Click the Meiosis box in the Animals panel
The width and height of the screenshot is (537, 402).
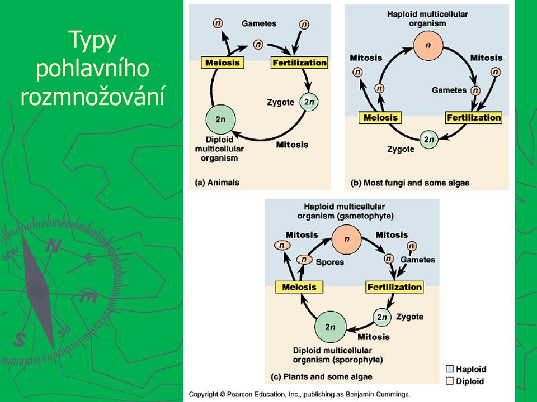coord(223,63)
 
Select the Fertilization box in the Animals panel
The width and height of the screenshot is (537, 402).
coord(299,63)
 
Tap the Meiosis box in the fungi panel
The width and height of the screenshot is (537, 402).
coord(380,118)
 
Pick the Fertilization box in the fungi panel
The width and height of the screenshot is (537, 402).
coord(474,118)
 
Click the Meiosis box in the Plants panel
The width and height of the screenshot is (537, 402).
coord(299,287)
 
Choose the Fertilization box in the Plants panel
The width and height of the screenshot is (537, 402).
coord(394,287)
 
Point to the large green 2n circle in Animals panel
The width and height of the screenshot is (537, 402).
coord(220,119)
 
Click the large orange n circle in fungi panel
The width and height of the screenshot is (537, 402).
coord(428,45)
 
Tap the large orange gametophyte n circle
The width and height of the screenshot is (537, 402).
coord(347,240)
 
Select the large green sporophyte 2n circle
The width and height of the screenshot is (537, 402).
coord(330,327)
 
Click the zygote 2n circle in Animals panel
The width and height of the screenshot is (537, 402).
coord(309,102)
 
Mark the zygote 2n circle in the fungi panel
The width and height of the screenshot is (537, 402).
coord(429,140)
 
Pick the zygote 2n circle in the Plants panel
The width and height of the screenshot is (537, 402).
coord(381,317)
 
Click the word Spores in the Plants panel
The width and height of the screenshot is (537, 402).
coord(330,262)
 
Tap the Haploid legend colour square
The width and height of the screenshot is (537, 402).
coord(450,369)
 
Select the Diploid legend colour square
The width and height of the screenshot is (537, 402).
coord(450,381)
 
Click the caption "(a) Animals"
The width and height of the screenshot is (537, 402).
coord(217,183)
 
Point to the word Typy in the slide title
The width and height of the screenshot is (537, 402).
coord(92,41)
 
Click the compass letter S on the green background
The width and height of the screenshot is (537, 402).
coord(20,339)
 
